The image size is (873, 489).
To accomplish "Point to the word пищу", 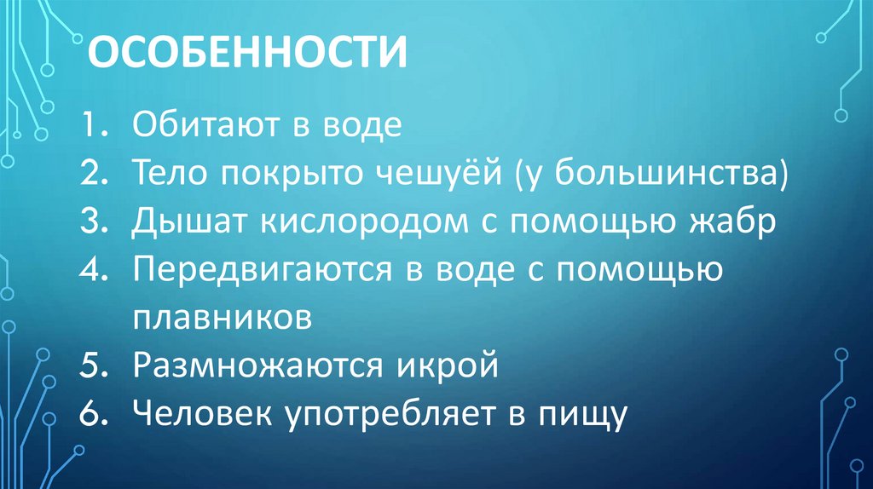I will click(581, 414).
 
